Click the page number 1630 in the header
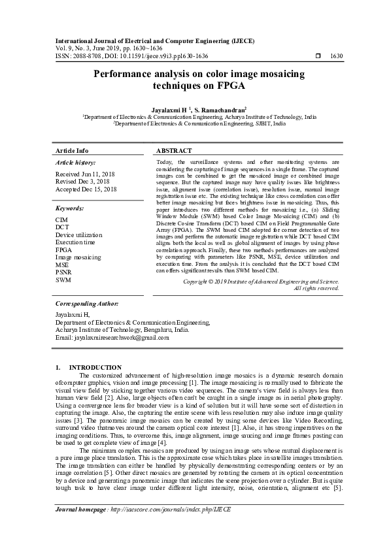[337, 57]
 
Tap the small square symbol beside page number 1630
[318, 57]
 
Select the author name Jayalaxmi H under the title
[169, 110]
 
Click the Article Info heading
[72, 150]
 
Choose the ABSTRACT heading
[175, 150]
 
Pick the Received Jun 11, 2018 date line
[86, 174]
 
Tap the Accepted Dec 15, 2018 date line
[86, 189]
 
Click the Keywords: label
[69, 208]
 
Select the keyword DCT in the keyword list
[61, 227]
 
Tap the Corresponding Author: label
[86, 304]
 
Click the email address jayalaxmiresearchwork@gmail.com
[107, 337]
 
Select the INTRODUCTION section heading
[95, 368]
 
